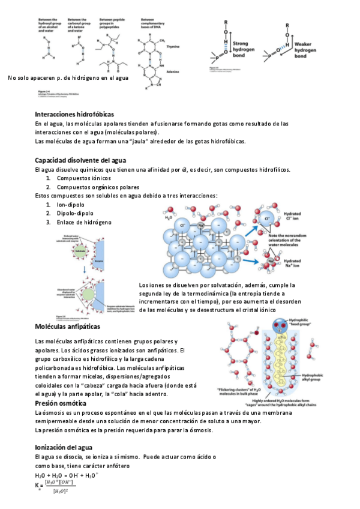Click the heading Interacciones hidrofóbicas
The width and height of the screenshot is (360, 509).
[74, 114]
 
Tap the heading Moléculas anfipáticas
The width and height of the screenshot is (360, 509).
[67, 327]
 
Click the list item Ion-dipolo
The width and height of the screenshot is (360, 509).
[71, 205]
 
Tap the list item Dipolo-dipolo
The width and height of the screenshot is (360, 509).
[75, 214]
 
